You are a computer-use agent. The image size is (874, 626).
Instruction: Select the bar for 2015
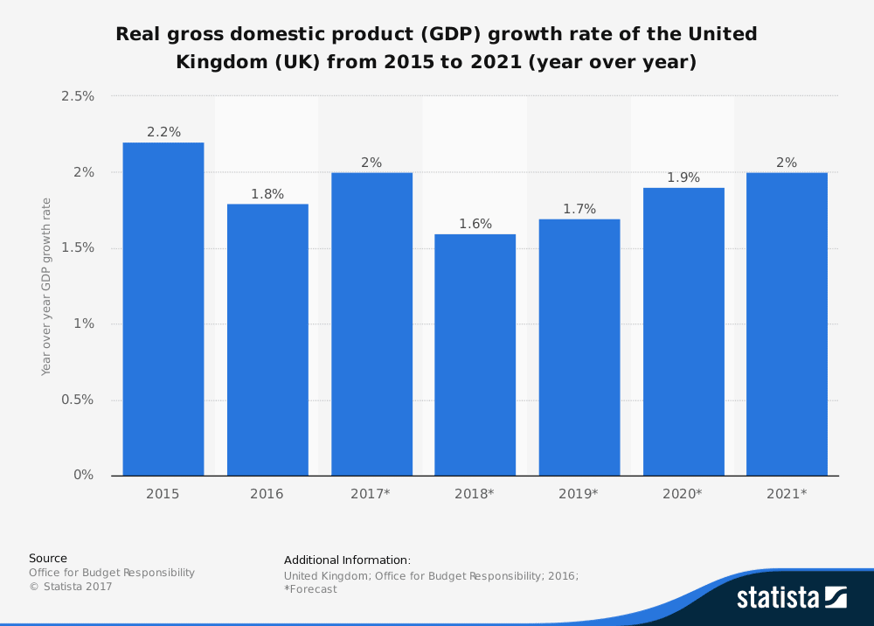[x=163, y=309]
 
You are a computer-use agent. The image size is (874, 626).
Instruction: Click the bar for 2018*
[x=475, y=354]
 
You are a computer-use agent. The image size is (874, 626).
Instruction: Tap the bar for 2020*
[x=683, y=331]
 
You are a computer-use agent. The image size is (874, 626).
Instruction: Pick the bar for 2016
[x=267, y=339]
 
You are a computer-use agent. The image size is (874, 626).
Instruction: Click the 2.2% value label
[x=164, y=132]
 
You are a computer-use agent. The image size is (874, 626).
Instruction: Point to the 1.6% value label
[x=475, y=224]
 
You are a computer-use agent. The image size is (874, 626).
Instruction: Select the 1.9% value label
[x=683, y=177]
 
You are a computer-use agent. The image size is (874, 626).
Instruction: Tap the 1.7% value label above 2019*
[x=579, y=209]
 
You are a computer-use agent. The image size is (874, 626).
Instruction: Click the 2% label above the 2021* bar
[x=787, y=163]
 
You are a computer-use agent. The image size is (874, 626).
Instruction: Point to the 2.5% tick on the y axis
[x=78, y=96]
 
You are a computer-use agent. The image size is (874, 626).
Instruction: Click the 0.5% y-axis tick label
[x=78, y=400]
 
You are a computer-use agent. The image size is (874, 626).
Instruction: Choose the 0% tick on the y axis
[x=84, y=475]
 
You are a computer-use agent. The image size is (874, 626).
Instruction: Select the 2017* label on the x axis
[x=370, y=494]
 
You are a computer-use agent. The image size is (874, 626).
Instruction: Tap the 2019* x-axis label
[x=579, y=494]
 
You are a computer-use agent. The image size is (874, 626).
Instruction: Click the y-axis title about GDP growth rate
[x=45, y=287]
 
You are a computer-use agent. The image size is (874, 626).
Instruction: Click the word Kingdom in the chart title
[x=220, y=62]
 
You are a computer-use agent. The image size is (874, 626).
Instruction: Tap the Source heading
[x=48, y=558]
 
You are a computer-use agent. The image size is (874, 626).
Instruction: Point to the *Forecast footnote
[x=310, y=589]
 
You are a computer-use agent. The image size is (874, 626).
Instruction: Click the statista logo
[x=792, y=597]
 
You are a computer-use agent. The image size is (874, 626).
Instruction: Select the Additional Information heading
[x=347, y=560]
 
